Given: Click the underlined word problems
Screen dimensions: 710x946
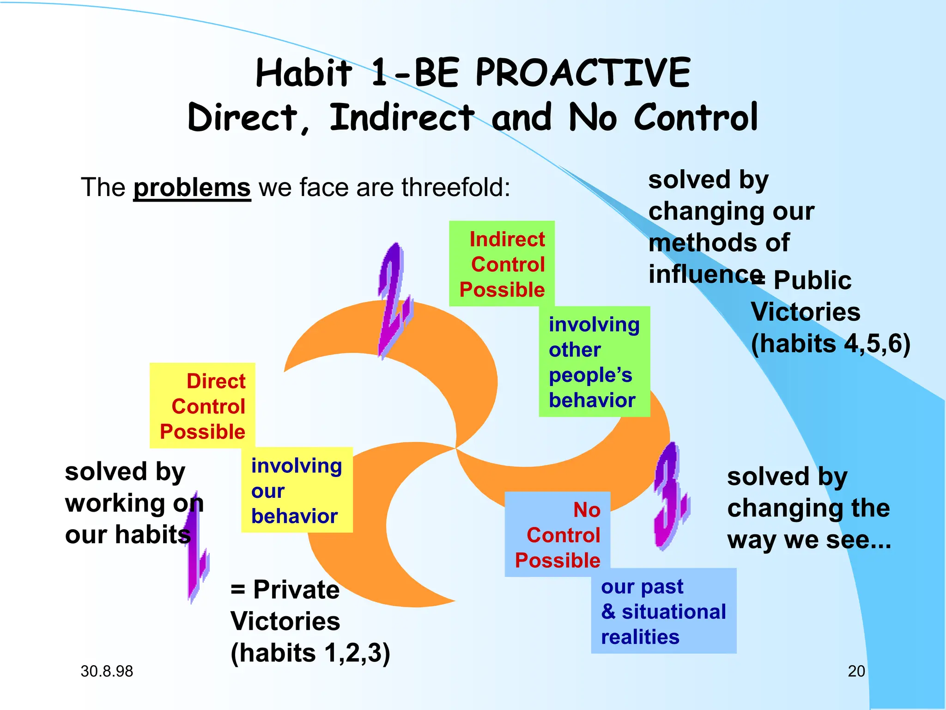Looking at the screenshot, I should (x=192, y=188).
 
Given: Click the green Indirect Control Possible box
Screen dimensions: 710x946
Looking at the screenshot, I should (x=502, y=264).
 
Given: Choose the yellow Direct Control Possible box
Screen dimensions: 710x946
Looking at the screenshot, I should (x=202, y=406).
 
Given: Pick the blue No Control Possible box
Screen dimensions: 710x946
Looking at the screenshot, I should (x=558, y=534).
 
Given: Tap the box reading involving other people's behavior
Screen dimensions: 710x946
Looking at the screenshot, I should (x=594, y=362).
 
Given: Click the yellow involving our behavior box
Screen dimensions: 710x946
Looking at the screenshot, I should (x=297, y=490).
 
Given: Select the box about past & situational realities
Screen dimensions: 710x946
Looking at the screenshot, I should (x=663, y=611).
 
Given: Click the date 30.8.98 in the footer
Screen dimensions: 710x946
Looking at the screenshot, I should (x=107, y=671).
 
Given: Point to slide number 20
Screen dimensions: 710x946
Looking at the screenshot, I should (x=856, y=671).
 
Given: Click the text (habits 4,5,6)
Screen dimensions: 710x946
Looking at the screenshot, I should (x=831, y=343).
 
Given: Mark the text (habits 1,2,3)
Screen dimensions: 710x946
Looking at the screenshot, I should (x=310, y=653).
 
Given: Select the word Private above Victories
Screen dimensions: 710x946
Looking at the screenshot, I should (x=296, y=589).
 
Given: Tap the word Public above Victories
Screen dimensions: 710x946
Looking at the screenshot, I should (x=812, y=280).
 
